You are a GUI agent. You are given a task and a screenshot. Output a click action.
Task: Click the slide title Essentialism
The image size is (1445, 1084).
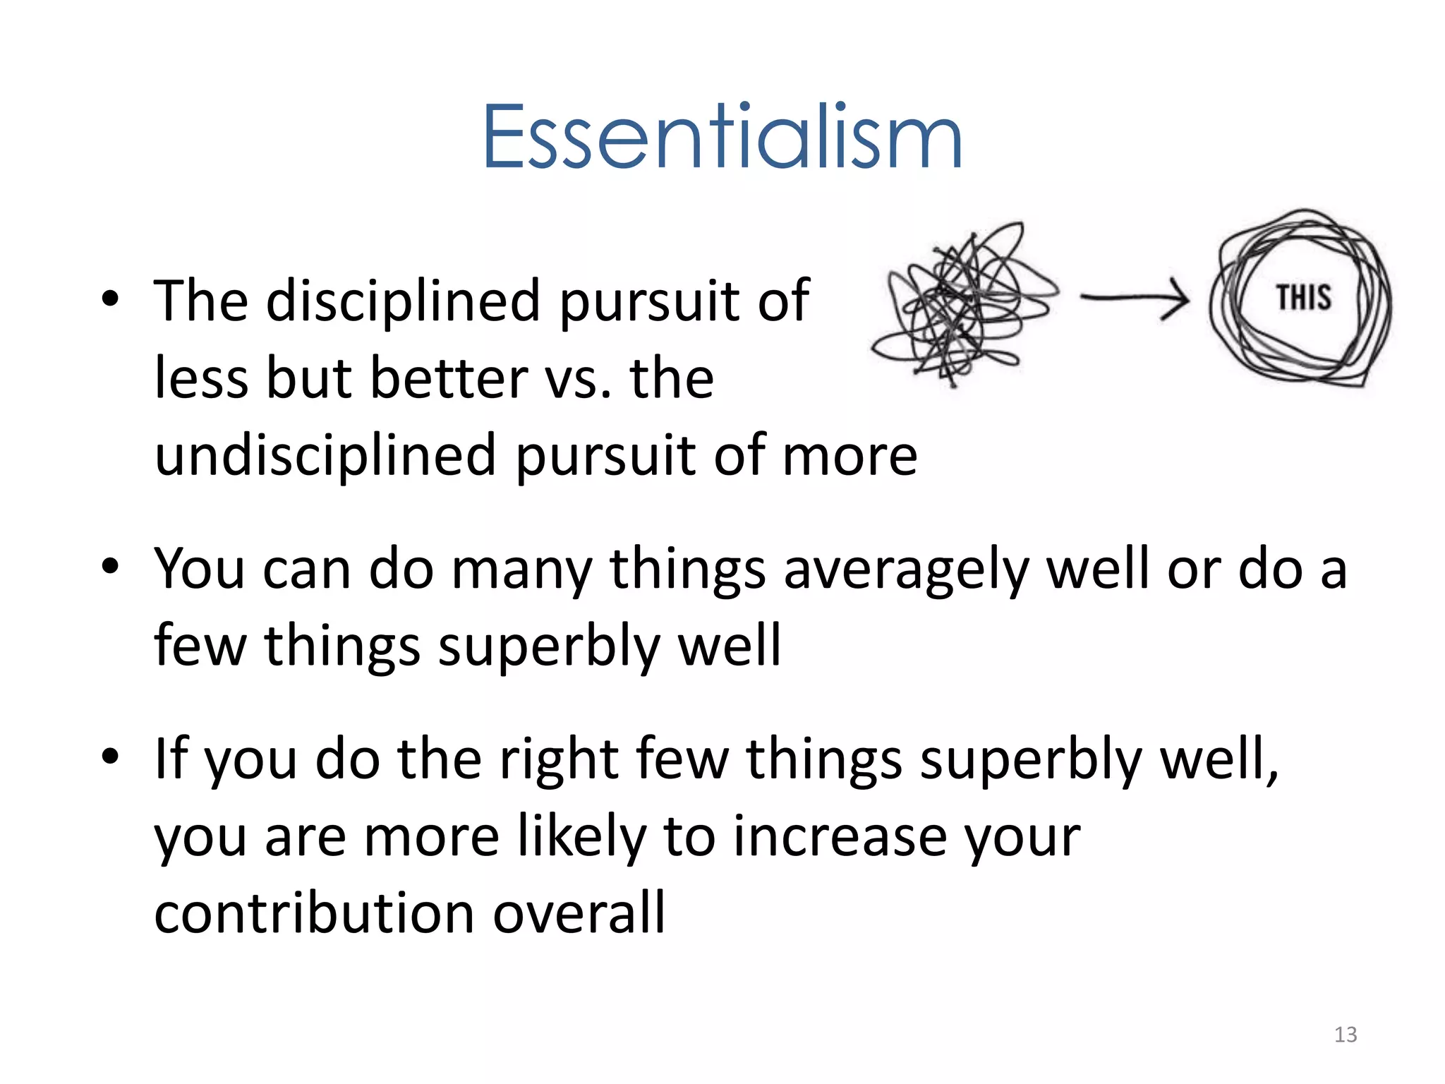tap(722, 137)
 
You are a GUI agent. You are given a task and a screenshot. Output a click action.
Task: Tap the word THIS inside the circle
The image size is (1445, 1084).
tap(1303, 297)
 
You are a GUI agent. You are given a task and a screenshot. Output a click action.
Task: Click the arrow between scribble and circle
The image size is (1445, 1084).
tap(1135, 299)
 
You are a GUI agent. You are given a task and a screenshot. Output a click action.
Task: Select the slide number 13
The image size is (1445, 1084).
tap(1345, 1035)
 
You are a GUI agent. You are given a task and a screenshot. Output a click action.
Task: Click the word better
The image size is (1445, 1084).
tap(449, 378)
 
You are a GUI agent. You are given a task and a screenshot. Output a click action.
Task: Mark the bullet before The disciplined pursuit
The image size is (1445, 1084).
tap(110, 299)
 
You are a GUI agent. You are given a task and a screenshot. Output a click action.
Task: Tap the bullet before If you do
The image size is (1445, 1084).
tap(110, 757)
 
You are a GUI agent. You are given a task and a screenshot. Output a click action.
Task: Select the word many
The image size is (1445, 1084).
tap(521, 571)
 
